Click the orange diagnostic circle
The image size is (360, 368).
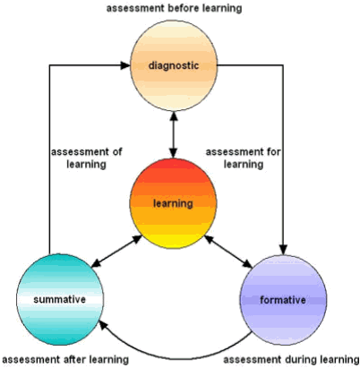(174, 65)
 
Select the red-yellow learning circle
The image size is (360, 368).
(173, 203)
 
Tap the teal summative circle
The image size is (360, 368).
(60, 299)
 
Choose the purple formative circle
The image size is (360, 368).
(283, 300)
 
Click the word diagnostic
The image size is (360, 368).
(174, 65)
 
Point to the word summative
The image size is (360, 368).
(60, 299)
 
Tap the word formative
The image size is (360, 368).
(283, 300)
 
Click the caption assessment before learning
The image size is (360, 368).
(175, 8)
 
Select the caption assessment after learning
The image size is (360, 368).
(65, 359)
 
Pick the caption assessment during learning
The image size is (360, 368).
(291, 359)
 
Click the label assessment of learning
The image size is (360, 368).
(87, 158)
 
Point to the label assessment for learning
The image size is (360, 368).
(244, 158)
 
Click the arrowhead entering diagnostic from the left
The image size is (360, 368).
(125, 65)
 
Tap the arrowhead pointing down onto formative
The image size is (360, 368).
(283, 250)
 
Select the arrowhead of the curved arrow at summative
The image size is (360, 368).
(103, 325)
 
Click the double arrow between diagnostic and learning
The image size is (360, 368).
(174, 135)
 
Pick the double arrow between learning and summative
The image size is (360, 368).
(116, 251)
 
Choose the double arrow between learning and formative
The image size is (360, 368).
(228, 251)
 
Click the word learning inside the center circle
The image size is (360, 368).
(173, 203)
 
